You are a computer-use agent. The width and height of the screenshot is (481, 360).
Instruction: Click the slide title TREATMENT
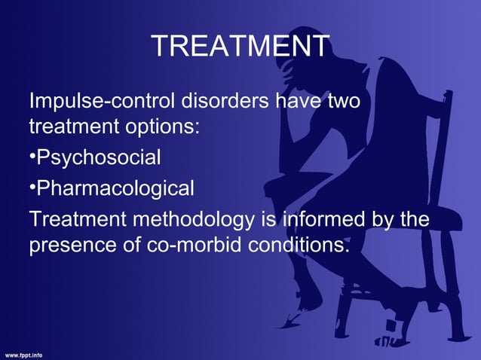(x=240, y=47)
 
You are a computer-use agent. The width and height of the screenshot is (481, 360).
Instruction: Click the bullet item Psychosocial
(x=98, y=158)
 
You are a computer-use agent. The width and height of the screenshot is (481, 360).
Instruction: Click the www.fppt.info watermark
(x=25, y=353)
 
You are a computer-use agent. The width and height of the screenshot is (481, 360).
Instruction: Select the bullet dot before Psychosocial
(x=32, y=158)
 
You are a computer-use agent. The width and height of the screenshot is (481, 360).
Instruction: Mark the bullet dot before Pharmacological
(x=32, y=188)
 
